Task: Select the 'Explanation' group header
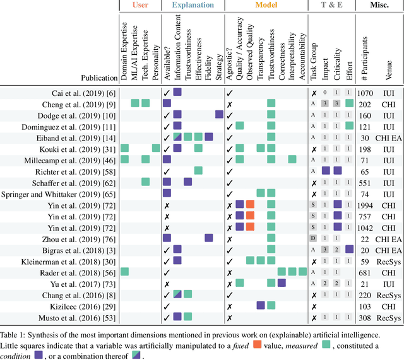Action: coord(193,6)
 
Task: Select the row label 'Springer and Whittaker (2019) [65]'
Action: coord(62,193)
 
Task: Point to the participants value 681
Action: coord(366,272)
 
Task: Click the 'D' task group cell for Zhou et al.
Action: coord(313,238)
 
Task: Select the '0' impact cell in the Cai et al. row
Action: coord(324,92)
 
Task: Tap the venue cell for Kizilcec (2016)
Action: coord(389,305)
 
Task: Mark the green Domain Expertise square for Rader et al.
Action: coord(125,272)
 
